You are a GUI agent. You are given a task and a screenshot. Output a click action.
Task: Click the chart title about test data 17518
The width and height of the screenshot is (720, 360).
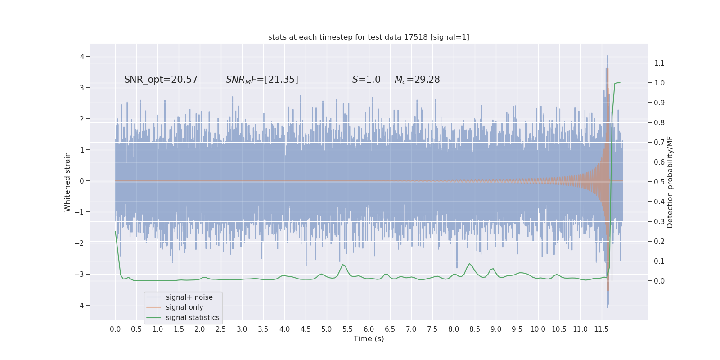369,37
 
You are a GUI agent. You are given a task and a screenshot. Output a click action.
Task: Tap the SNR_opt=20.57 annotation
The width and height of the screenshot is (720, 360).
161,80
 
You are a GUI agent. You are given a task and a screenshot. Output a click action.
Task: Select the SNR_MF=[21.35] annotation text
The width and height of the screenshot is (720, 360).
262,80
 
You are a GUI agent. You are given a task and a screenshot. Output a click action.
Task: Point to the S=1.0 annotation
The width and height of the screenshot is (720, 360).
366,80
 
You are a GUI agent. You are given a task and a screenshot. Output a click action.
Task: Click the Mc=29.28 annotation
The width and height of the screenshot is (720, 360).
417,80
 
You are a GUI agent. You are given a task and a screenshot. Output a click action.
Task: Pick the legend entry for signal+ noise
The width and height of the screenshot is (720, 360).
189,297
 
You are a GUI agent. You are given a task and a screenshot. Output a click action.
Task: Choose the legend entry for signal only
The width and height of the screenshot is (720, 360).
184,307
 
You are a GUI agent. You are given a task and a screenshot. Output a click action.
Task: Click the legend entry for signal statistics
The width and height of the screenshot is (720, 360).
193,318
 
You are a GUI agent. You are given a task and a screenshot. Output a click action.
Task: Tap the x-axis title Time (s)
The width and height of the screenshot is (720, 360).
369,338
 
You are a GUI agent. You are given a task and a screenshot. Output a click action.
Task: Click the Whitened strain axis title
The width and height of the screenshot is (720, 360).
67,182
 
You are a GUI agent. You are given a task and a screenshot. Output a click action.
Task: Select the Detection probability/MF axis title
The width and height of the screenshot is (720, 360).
670,182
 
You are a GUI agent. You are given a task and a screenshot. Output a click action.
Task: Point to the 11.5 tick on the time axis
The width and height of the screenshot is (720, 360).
601,329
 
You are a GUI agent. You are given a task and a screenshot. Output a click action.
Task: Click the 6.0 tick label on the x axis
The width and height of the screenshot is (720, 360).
369,329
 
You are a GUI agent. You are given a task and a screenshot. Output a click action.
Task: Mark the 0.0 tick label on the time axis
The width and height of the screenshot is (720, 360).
115,329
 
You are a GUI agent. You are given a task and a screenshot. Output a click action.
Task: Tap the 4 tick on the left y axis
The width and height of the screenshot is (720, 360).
82,57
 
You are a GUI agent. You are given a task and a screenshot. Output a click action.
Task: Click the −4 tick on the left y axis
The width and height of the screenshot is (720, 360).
81,306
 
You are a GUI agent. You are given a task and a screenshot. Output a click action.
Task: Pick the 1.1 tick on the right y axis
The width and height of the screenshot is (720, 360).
659,63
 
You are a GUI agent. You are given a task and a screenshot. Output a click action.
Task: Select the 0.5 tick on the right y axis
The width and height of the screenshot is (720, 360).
659,182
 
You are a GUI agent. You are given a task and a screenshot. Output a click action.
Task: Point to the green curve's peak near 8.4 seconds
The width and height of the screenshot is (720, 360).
469,264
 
